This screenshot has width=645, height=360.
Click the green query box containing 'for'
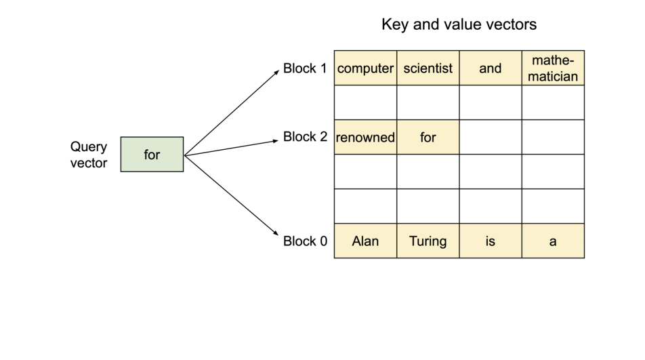(152, 155)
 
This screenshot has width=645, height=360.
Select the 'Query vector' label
(89, 155)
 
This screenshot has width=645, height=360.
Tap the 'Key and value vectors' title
(459, 25)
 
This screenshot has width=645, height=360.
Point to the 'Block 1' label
(305, 68)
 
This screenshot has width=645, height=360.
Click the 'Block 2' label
(305, 137)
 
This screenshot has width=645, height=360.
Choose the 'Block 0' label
(305, 241)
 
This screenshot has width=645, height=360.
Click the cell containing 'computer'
(365, 68)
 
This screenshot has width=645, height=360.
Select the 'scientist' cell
(428, 68)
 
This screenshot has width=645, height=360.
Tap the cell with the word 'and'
(490, 68)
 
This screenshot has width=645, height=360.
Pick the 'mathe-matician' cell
(553, 68)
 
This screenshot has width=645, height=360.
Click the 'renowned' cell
(365, 138)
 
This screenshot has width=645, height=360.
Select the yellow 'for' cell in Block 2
(428, 138)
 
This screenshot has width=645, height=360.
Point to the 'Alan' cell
(365, 241)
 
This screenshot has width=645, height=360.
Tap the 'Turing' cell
(428, 241)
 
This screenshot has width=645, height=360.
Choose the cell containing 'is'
(490, 241)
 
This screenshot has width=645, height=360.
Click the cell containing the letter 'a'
(553, 241)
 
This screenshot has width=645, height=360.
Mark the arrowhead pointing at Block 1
(276, 71)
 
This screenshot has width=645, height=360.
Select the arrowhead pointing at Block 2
(275, 141)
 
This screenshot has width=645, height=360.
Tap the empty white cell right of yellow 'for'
(490, 138)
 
